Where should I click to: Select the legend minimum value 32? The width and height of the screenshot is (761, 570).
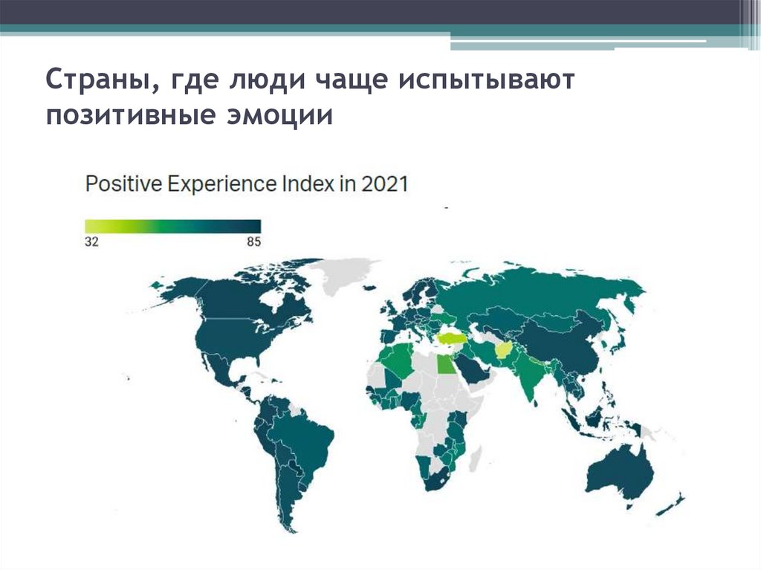pyautogui.click(x=91, y=242)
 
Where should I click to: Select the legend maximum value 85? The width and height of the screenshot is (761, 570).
pyautogui.click(x=253, y=242)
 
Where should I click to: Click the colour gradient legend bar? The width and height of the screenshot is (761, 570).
pyautogui.click(x=172, y=226)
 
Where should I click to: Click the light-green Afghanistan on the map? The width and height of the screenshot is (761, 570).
pyautogui.click(x=503, y=350)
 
